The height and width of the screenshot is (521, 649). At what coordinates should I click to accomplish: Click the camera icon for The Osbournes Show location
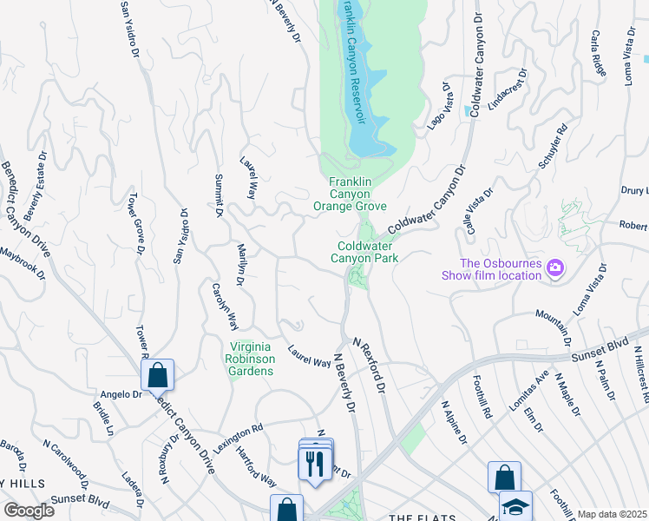555,270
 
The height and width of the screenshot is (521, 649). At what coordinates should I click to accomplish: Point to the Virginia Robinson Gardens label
250,359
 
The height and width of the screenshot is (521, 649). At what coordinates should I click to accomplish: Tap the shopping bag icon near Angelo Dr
157,375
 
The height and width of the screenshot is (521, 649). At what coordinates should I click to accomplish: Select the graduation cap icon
515,506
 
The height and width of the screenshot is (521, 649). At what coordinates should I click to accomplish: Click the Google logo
29,511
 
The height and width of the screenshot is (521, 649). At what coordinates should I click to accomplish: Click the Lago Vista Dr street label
439,107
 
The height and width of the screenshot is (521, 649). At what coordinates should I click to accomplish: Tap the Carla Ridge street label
597,53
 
